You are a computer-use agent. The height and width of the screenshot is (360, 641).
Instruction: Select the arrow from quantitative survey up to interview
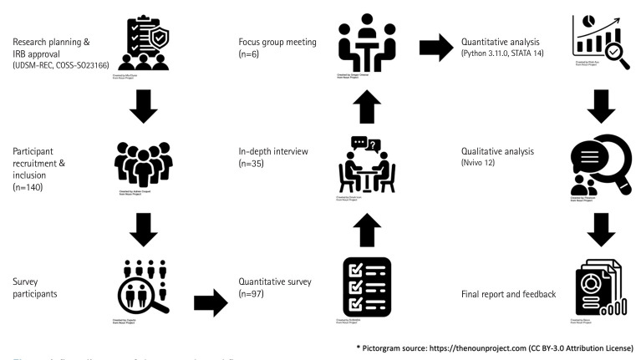coord(365,227)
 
